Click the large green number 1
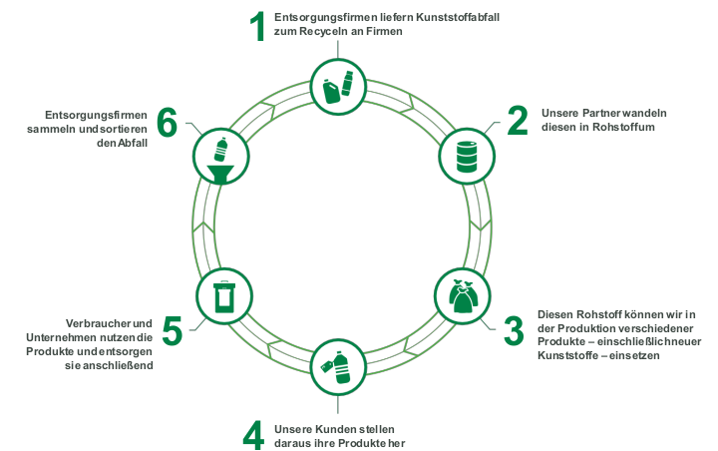258,26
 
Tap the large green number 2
518,121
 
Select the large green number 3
514,330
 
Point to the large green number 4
253,435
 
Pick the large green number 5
173,330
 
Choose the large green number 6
167,123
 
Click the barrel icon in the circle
467,157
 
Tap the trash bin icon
224,296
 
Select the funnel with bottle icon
220,160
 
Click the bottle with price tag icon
337,366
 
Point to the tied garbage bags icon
463,296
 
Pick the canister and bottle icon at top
338,87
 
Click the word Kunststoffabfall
458,17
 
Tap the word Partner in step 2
601,113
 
